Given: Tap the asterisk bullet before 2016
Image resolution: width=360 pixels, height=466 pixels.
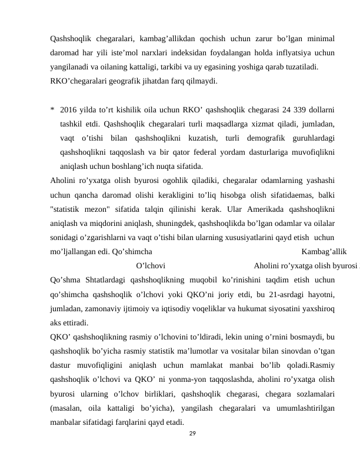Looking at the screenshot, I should coord(53,110).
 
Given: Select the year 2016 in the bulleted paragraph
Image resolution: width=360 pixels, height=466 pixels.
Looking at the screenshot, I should coord(69,110).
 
